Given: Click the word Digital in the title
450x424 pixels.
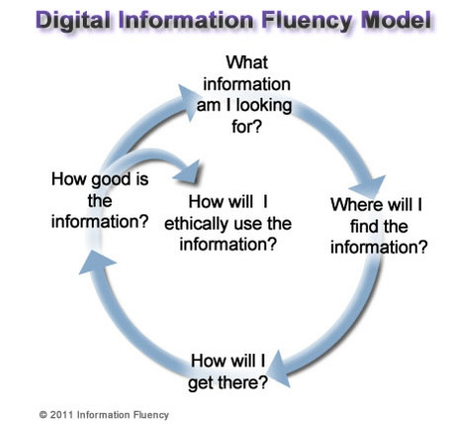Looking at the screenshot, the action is coord(73,21).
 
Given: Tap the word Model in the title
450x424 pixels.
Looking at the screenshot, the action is coord(397,20).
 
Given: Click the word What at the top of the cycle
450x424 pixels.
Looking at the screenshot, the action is coord(247,62).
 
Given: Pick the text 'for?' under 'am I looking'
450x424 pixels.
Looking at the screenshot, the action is coord(246,126).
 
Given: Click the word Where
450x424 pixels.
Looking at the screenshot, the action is coord(357,205).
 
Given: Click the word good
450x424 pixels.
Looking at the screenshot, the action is coord(111,180).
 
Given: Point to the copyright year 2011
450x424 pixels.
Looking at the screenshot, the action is coord(62,415).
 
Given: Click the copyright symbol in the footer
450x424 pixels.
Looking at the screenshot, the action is coord(43,415).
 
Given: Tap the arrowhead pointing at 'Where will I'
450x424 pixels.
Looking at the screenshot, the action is coord(369,186).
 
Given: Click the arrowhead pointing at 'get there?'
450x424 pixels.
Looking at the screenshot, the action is coord(280,370).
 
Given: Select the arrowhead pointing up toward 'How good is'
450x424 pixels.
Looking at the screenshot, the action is coord(96,263).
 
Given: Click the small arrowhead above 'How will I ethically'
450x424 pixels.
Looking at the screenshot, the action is coord(188,172).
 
